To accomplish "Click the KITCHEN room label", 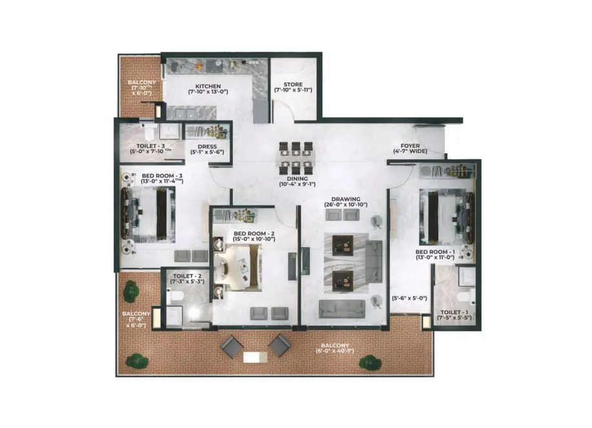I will coord(205,86).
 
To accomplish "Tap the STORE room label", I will coord(292,84).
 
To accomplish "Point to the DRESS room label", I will coord(207,147).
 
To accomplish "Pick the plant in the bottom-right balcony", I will coord(368,362).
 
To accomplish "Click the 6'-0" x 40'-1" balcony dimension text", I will coord(332,351).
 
